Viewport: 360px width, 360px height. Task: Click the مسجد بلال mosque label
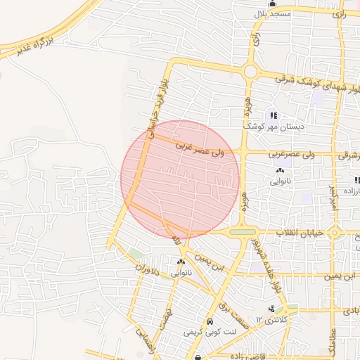coord(272,15)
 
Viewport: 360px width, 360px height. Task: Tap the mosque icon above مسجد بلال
coord(273,4)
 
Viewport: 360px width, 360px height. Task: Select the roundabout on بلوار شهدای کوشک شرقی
coord(250,71)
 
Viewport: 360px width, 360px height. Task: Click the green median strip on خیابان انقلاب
coord(243,232)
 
